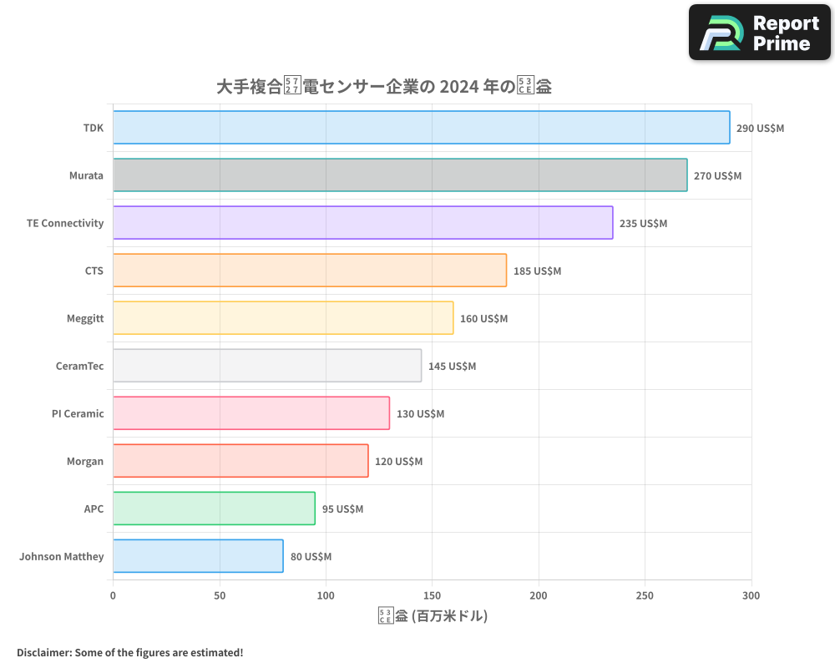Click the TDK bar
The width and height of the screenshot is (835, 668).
tap(421, 128)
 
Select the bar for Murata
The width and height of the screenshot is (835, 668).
tap(400, 175)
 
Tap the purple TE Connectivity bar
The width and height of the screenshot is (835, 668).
tap(362, 223)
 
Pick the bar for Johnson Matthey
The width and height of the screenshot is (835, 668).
tap(198, 556)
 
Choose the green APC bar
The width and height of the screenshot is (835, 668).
tap(214, 509)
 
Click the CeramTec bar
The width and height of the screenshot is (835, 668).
tap(267, 366)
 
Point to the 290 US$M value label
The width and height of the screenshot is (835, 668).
tap(760, 129)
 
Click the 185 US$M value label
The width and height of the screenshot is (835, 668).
tap(537, 271)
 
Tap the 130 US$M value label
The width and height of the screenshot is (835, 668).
tap(420, 414)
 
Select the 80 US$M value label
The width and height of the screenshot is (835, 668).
tap(311, 557)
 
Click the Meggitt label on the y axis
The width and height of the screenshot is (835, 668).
tap(85, 318)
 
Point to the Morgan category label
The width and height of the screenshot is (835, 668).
tap(85, 461)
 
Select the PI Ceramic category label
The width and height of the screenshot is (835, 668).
tap(78, 413)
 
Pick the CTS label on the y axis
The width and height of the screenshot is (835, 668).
tap(94, 271)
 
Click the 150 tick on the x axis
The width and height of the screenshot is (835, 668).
tap(433, 595)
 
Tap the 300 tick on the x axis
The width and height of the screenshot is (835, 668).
tap(751, 595)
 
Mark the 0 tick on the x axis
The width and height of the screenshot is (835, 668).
tap(113, 595)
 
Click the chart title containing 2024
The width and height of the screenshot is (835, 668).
tap(384, 86)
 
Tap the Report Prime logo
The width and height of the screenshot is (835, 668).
tap(760, 33)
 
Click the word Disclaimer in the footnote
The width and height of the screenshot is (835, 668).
tap(43, 652)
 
